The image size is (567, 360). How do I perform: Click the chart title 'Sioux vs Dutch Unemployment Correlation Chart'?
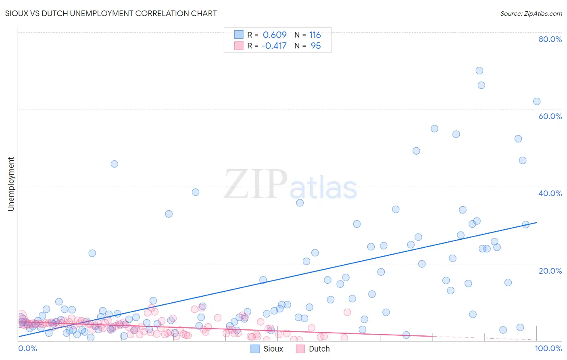click(x=111, y=13)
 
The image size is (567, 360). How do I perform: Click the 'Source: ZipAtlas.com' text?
click(x=531, y=13)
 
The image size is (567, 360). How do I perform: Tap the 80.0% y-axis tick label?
click(x=550, y=39)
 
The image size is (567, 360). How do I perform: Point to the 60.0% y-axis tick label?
click(x=550, y=116)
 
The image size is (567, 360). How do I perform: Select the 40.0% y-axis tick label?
click(x=550, y=193)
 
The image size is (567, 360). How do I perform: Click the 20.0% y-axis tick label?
click(x=550, y=271)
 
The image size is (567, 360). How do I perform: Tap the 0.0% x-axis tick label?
click(x=27, y=348)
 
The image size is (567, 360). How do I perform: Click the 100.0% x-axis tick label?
click(x=548, y=348)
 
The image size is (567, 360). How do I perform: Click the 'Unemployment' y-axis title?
click(x=11, y=184)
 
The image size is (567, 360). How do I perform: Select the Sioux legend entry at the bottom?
click(x=267, y=349)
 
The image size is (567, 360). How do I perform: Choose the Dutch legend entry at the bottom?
click(x=313, y=349)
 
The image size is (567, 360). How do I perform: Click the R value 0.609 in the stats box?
click(x=275, y=35)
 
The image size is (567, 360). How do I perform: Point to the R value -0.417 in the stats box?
click(x=274, y=46)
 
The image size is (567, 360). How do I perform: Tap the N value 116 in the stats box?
click(x=315, y=35)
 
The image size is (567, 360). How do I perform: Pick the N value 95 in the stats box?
click(x=316, y=46)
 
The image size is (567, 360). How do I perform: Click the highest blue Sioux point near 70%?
click(x=479, y=71)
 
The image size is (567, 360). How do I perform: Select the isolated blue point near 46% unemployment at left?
click(x=114, y=164)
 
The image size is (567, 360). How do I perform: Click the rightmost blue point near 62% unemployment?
click(x=537, y=101)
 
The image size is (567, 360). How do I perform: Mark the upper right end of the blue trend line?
click(x=537, y=222)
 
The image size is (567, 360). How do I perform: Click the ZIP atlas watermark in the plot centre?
click(x=290, y=185)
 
